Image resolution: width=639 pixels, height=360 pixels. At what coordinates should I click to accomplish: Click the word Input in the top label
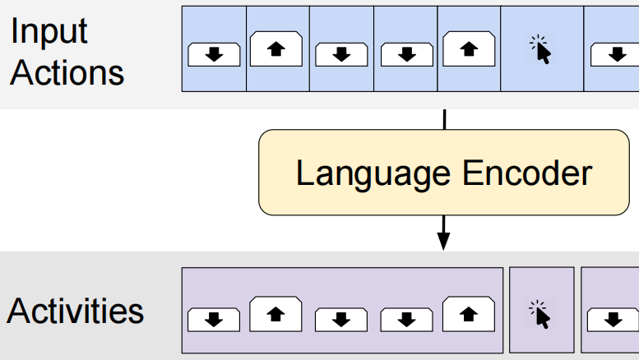(x=49, y=32)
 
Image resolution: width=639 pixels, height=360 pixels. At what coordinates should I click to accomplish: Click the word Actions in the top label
(x=67, y=72)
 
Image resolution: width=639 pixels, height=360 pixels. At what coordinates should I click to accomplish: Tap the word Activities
(x=76, y=312)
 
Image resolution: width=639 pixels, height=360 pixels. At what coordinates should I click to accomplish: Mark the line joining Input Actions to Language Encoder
(x=443, y=119)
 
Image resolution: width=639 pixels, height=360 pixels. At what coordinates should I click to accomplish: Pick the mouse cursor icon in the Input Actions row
(x=540, y=51)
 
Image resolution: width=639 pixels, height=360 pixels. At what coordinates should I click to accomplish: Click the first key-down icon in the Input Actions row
(x=214, y=54)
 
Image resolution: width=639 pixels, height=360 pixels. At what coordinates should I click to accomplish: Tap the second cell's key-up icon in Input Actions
(x=277, y=49)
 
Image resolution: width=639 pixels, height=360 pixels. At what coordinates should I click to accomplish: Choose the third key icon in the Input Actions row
(x=341, y=54)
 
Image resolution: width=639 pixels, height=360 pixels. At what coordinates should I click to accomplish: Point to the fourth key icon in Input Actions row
(x=405, y=54)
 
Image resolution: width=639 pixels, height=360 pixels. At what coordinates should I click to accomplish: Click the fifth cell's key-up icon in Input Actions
(x=469, y=49)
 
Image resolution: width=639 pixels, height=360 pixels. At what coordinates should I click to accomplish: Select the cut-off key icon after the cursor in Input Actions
(x=614, y=54)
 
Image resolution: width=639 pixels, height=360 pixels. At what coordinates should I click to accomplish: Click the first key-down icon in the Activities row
(x=214, y=319)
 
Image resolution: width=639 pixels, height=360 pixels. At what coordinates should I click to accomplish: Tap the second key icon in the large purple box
(x=276, y=314)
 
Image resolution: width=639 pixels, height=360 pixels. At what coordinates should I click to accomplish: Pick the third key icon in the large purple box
(x=340, y=319)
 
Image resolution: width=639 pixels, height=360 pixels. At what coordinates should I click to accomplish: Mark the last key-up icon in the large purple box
(x=469, y=314)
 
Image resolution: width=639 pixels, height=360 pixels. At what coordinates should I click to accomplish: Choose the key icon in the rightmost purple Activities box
(x=613, y=319)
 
